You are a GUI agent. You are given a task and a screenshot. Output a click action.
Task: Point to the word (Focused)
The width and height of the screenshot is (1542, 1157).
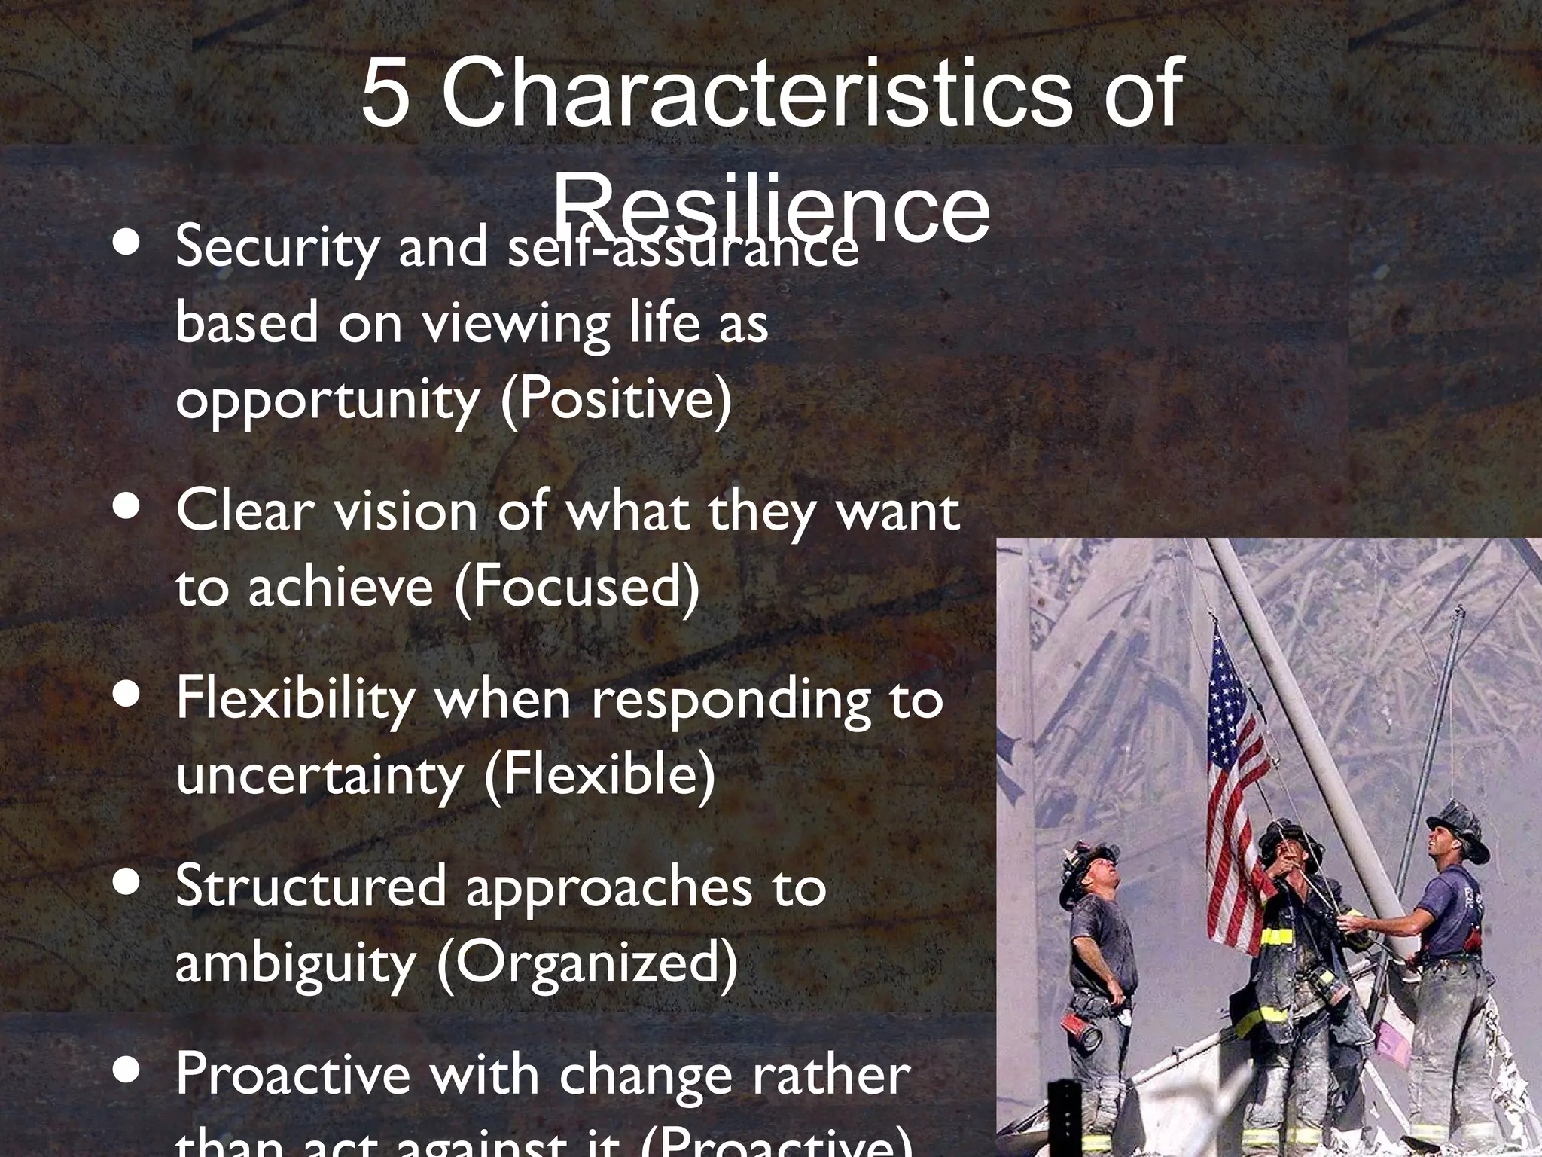tap(577, 588)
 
